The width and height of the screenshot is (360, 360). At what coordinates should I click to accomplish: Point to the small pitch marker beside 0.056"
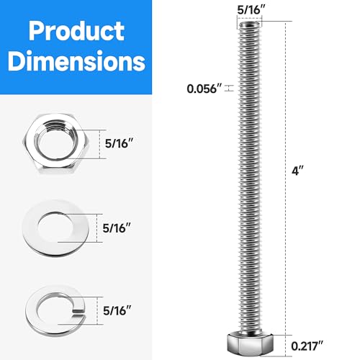coord(229,89)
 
